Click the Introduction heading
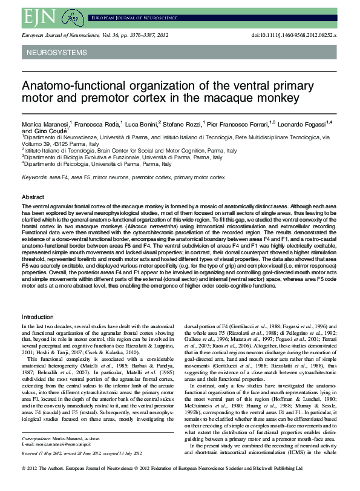(x=38, y=317)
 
